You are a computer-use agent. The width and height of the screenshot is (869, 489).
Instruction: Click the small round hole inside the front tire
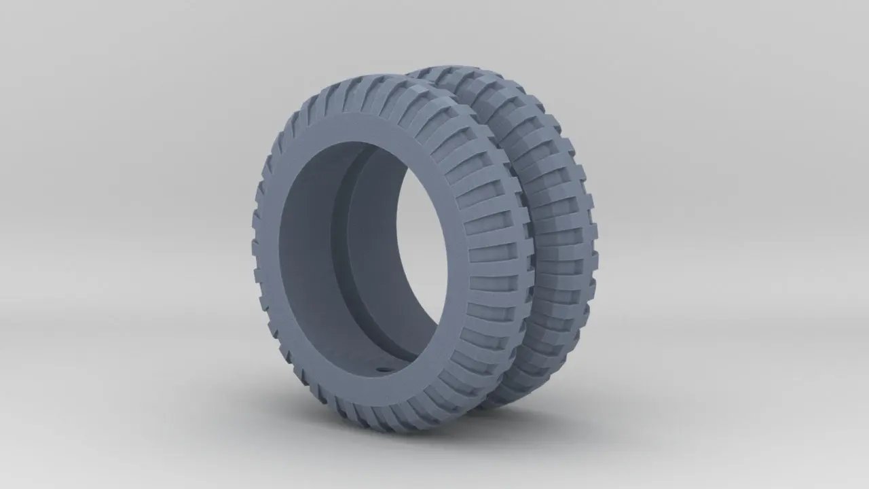tap(380, 369)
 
